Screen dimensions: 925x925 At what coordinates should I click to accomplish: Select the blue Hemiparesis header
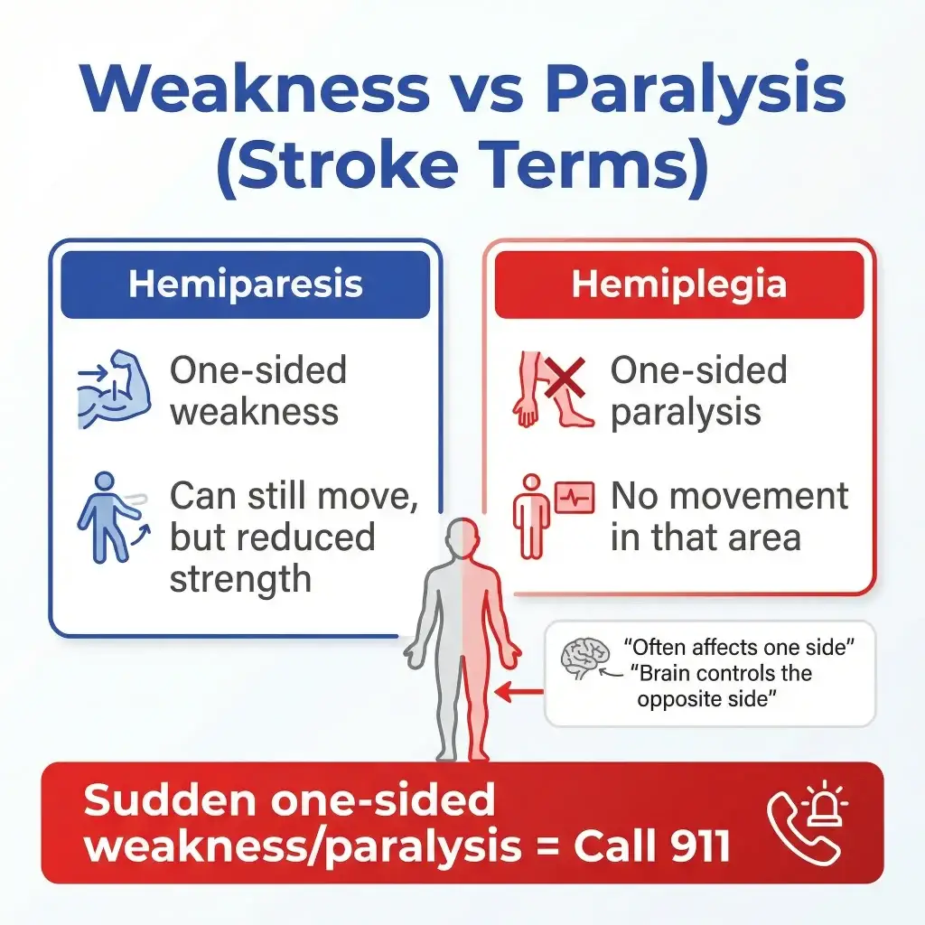point(245,285)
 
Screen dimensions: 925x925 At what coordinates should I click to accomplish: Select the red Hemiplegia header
point(678,285)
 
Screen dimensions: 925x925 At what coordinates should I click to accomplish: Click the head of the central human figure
point(462,538)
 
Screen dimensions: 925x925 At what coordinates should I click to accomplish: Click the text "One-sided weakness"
point(257,391)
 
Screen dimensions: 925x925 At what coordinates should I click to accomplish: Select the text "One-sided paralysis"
point(698,391)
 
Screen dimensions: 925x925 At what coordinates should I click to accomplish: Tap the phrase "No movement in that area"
point(729,517)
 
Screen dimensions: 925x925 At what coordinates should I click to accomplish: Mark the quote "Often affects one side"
point(739,647)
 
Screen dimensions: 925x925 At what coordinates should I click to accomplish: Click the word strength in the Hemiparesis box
point(240,578)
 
